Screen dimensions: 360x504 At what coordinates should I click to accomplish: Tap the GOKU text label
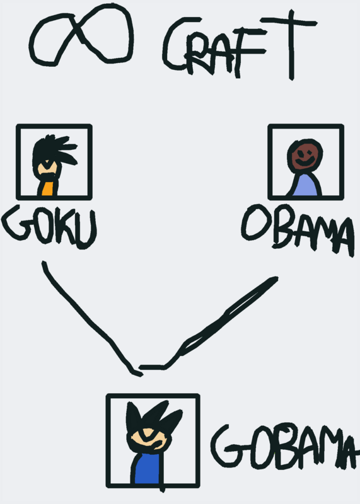tap(49, 227)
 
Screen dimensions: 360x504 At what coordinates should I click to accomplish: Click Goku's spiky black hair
tap(52, 151)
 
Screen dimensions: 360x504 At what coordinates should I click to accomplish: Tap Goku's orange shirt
tap(48, 188)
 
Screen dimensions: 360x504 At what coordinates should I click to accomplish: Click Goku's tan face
tap(47, 168)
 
